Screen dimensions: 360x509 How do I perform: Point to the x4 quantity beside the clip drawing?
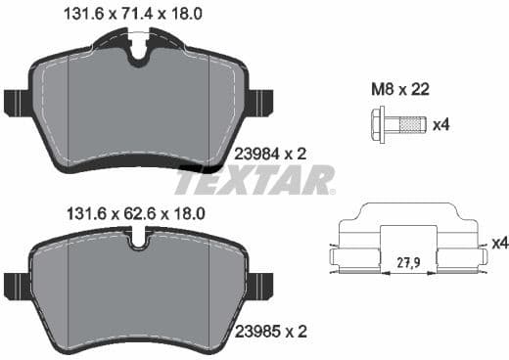coord(496,242)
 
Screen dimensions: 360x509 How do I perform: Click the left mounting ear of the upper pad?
coord(16,102)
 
